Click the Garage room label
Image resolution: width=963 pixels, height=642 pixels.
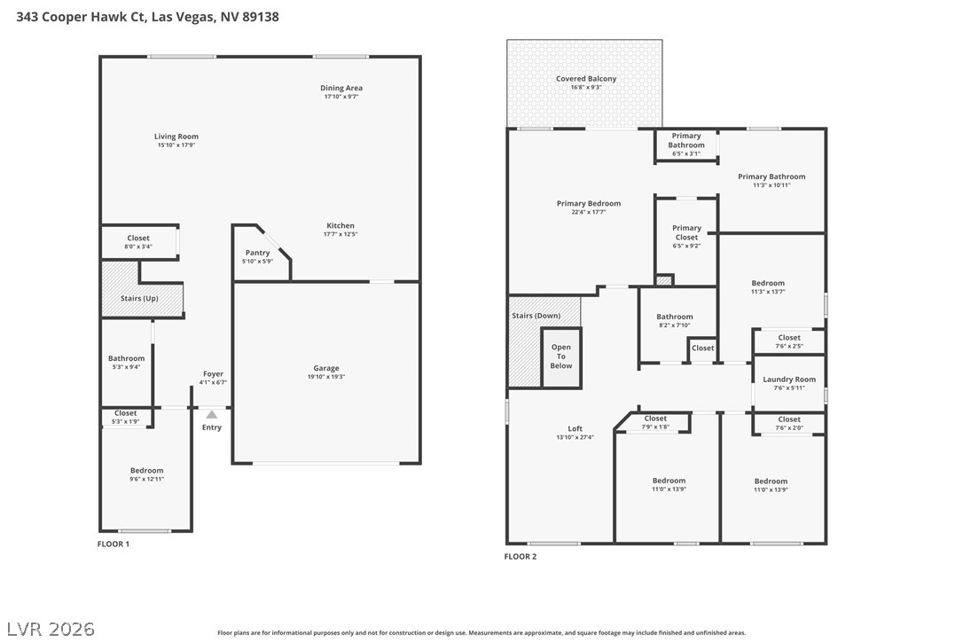pyautogui.click(x=326, y=368)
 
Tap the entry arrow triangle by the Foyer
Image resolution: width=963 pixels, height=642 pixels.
pyautogui.click(x=211, y=413)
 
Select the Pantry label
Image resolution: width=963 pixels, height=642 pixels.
pyautogui.click(x=257, y=254)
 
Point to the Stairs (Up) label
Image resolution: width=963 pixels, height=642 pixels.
pyautogui.click(x=139, y=299)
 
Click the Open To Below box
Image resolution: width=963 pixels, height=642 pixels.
pyautogui.click(x=561, y=357)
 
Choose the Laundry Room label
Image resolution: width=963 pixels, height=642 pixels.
pyautogui.click(x=789, y=380)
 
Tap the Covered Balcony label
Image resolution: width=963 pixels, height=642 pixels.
pyautogui.click(x=586, y=79)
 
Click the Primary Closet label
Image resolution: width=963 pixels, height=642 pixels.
pyautogui.click(x=686, y=232)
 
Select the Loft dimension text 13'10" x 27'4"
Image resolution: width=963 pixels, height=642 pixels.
pyautogui.click(x=575, y=437)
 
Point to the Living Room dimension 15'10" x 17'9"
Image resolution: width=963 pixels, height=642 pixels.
pyautogui.click(x=176, y=145)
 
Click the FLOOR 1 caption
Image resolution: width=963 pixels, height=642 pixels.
pyautogui.click(x=114, y=544)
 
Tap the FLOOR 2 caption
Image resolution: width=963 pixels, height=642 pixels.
pyautogui.click(x=521, y=557)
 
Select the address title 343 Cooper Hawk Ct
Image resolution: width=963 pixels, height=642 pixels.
pyautogui.click(x=147, y=16)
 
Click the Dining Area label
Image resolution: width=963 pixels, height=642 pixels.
pyautogui.click(x=341, y=88)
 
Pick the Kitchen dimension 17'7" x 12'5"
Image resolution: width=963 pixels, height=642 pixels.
pyautogui.click(x=341, y=234)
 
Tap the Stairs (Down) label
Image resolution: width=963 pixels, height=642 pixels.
pyautogui.click(x=536, y=316)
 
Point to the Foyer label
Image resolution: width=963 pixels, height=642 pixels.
pyautogui.click(x=213, y=374)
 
